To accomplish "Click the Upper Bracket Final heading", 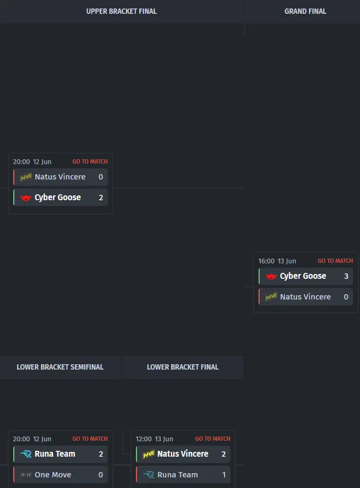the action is point(122,12).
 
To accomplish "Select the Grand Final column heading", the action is point(305,12).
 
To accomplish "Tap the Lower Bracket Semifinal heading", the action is point(60,367).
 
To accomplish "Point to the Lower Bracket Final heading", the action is point(183,367).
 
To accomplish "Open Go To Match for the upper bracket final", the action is point(90,161).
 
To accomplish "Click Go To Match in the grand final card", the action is point(335,261).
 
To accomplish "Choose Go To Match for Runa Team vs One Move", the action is point(90,439).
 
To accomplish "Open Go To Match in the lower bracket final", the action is point(212,439).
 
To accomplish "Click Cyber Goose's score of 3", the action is point(346,276).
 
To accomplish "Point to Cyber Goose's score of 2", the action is point(101,198).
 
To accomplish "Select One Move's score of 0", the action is point(100,475).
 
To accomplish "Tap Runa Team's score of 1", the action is point(224,475).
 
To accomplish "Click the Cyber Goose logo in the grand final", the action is point(271,276).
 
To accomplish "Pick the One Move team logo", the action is point(26,475).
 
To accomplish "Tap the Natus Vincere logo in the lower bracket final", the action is point(149,454).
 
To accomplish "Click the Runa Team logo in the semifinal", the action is point(26,454).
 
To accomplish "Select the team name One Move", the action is point(53,475).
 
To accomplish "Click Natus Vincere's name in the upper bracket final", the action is point(60,177).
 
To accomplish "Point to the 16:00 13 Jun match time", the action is point(277,261).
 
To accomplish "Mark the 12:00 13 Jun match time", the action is point(155,439).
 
